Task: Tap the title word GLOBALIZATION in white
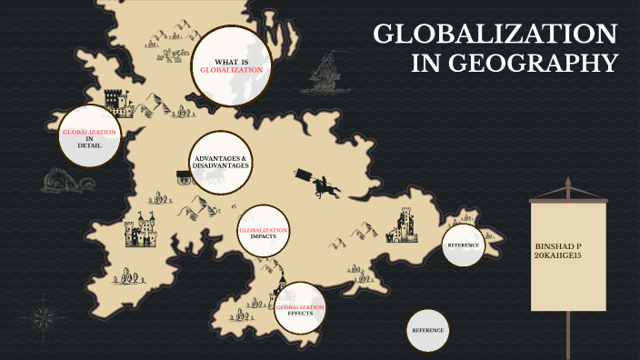[495, 35]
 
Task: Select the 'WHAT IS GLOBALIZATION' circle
[232, 65]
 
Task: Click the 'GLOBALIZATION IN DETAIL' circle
[89, 137]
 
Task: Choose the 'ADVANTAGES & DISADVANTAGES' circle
[221, 162]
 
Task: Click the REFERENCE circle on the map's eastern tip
[462, 245]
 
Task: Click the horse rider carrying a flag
[323, 185]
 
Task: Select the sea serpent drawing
[68, 181]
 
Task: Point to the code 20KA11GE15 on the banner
[559, 255]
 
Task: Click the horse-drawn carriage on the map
[183, 175]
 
